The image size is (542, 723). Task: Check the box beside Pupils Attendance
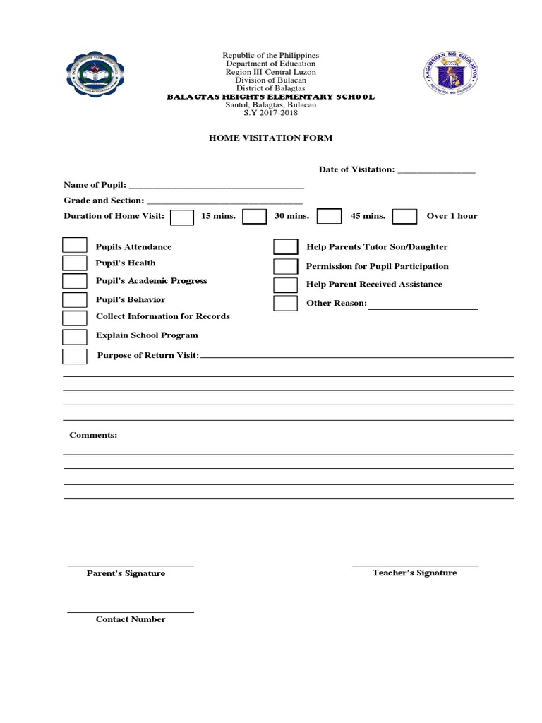tap(75, 245)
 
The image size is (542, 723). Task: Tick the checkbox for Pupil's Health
tap(75, 263)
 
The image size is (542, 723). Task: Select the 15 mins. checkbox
tap(182, 216)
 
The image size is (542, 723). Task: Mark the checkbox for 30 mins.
tap(254, 216)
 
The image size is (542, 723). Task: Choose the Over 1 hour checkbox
tap(404, 216)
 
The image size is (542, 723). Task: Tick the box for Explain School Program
tap(75, 336)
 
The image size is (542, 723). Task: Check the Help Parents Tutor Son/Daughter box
tap(286, 246)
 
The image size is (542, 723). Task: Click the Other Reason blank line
tap(423, 307)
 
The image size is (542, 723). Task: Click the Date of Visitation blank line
tap(436, 172)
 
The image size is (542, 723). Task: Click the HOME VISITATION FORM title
tap(270, 138)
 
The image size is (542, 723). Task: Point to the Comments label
tap(93, 435)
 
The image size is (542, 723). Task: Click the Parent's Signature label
tap(126, 573)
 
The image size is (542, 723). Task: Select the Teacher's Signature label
tap(414, 573)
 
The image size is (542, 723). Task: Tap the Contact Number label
tap(131, 619)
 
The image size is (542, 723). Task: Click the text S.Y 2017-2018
tap(271, 112)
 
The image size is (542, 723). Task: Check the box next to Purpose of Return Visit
tap(75, 356)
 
